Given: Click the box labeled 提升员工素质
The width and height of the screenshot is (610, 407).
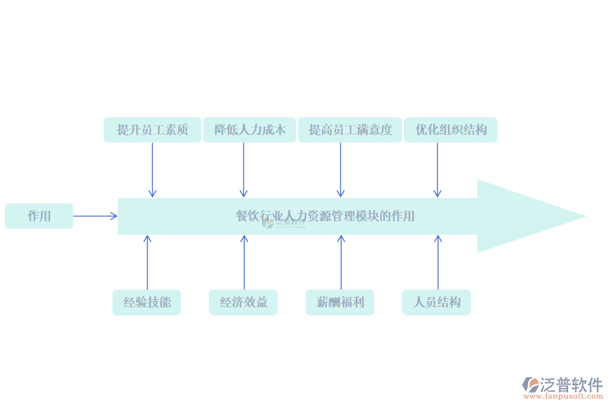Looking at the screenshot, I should pyautogui.click(x=152, y=130).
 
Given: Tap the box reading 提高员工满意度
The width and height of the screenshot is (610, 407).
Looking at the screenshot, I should pyautogui.click(x=350, y=130).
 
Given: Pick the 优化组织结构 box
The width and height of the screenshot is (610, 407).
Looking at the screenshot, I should pyautogui.click(x=451, y=130).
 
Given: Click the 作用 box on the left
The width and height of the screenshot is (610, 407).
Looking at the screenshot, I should pyautogui.click(x=39, y=216).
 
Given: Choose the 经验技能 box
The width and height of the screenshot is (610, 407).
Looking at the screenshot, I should pyautogui.click(x=146, y=302).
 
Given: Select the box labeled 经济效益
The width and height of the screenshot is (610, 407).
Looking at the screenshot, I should pyautogui.click(x=243, y=302).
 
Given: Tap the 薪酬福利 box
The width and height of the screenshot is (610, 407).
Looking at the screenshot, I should pyautogui.click(x=340, y=302).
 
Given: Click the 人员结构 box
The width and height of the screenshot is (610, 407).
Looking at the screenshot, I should pyautogui.click(x=436, y=302).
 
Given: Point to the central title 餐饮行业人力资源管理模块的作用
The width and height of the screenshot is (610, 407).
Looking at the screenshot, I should pyautogui.click(x=325, y=216).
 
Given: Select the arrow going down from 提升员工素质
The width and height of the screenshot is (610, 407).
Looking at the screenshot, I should pyautogui.click(x=152, y=170).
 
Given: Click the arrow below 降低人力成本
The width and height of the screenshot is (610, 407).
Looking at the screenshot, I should pyautogui.click(x=243, y=170).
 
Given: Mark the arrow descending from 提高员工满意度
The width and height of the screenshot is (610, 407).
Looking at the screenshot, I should pyautogui.click(x=340, y=170).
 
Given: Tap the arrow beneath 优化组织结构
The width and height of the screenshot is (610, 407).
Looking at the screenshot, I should pyautogui.click(x=437, y=170).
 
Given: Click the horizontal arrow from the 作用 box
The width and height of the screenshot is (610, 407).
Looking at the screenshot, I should pyautogui.click(x=95, y=216).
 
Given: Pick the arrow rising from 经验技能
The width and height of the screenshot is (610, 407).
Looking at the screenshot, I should pyautogui.click(x=147, y=262).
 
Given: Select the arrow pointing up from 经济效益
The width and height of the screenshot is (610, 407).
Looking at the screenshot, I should pyautogui.click(x=244, y=262).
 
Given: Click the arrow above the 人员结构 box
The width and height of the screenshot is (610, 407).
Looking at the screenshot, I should pyautogui.click(x=438, y=262).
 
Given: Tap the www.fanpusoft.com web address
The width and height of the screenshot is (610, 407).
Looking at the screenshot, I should pyautogui.click(x=563, y=396).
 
